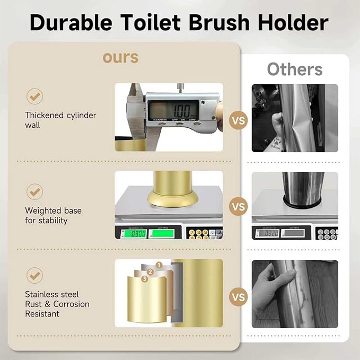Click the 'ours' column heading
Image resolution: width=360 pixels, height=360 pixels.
tap(120, 57)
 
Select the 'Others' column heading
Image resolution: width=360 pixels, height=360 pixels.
tap(294, 69)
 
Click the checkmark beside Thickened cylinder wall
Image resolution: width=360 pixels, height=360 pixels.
tap(35, 96)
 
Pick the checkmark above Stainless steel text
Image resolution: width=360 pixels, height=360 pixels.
tap(35, 276)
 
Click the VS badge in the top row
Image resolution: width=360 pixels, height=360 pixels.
tap(238, 121)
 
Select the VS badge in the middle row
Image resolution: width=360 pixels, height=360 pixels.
tap(238, 206)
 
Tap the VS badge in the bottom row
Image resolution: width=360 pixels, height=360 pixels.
tap(238, 296)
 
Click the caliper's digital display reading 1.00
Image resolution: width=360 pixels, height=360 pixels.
tap(173, 110)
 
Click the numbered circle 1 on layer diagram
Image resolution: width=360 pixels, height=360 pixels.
tap(158, 265)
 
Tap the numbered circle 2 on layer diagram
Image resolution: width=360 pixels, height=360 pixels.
tap(150, 272)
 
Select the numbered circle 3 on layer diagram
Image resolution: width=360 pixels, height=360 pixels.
tap(144, 279)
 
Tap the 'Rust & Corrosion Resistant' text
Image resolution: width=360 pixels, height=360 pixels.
tap(57, 309)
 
